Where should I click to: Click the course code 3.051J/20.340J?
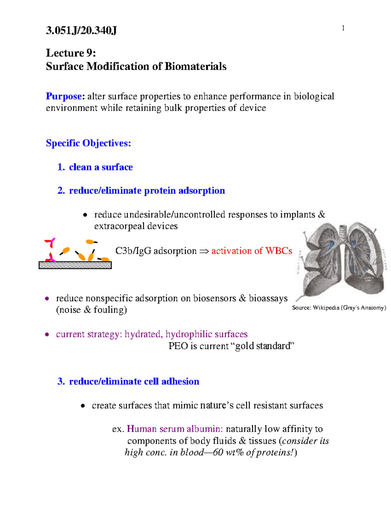click(81, 31)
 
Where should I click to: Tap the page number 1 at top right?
click(343, 28)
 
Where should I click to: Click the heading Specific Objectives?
click(88, 143)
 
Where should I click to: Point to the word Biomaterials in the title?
click(195, 66)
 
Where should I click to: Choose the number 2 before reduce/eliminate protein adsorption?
click(61, 191)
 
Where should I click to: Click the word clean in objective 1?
click(80, 167)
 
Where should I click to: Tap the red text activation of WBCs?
click(252, 251)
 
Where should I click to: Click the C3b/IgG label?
click(133, 251)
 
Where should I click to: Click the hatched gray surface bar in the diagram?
click(75, 265)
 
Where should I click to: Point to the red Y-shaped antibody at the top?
click(51, 242)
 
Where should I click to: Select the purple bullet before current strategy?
click(47, 334)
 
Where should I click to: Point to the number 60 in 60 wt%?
click(218, 452)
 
